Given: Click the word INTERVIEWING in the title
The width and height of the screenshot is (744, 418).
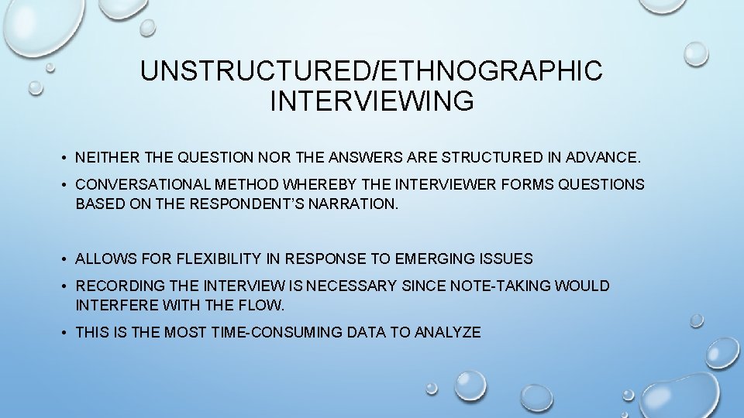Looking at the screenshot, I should click(x=371, y=101).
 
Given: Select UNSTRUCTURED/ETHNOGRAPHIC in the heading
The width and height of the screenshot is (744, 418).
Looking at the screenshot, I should click(x=371, y=71).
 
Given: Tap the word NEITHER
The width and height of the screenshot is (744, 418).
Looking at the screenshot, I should click(x=107, y=158).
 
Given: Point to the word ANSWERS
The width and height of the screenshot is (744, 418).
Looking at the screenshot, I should click(x=361, y=158).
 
